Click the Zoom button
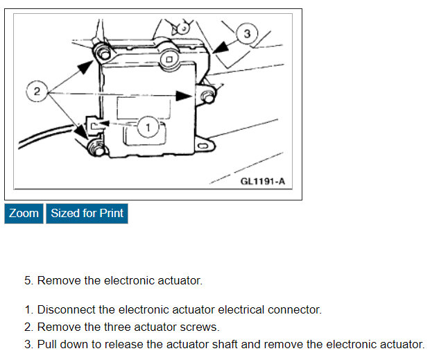tap(24, 213)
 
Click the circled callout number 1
tap(148, 127)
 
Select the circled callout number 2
tap(37, 91)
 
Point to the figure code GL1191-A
tap(262, 182)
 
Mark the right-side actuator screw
tap(206, 95)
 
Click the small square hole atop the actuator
tap(169, 60)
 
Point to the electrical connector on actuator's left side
tap(90, 125)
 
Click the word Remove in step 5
tap(56, 280)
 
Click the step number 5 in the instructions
tap(28, 280)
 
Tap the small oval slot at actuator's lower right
tap(202, 146)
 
